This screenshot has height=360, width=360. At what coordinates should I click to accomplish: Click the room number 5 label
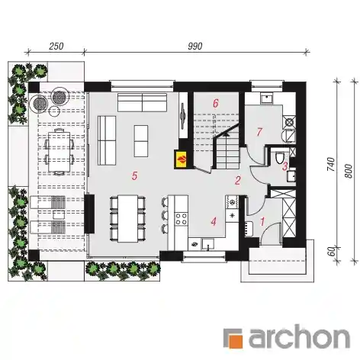pyautogui.click(x=134, y=175)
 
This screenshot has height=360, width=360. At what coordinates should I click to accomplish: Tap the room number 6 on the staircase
pyautogui.click(x=216, y=104)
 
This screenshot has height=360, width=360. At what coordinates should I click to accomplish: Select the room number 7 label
pyautogui.click(x=259, y=132)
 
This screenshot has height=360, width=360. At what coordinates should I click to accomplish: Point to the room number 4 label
pyautogui.click(x=214, y=221)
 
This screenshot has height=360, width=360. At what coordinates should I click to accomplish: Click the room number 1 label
pyautogui.click(x=262, y=222)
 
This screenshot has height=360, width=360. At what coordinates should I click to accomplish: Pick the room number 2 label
pyautogui.click(x=238, y=181)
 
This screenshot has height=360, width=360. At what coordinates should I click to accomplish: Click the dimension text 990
pyautogui.click(x=195, y=47)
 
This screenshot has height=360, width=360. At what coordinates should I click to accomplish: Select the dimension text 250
pyautogui.click(x=56, y=47)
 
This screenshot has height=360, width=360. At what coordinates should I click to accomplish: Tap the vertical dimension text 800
pyautogui.click(x=349, y=171)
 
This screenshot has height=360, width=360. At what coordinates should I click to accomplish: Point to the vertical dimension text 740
pyautogui.click(x=331, y=165)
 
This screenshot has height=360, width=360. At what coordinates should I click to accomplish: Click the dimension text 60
pyautogui.click(x=331, y=252)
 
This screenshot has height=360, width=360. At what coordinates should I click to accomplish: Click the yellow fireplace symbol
pyautogui.click(x=181, y=159)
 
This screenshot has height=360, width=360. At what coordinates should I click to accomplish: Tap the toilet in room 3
pyautogui.click(x=279, y=158)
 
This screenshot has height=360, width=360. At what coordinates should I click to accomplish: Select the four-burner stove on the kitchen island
pyautogui.click(x=182, y=219)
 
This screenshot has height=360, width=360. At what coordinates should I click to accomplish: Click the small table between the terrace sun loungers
pyautogui.click(x=58, y=215)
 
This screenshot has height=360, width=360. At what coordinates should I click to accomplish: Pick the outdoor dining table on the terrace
pyautogui.click(x=59, y=151)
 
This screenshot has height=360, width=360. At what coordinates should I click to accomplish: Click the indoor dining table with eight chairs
pyautogui.click(x=128, y=219)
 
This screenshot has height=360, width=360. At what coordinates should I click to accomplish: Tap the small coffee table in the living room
pyautogui.click(x=141, y=141)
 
